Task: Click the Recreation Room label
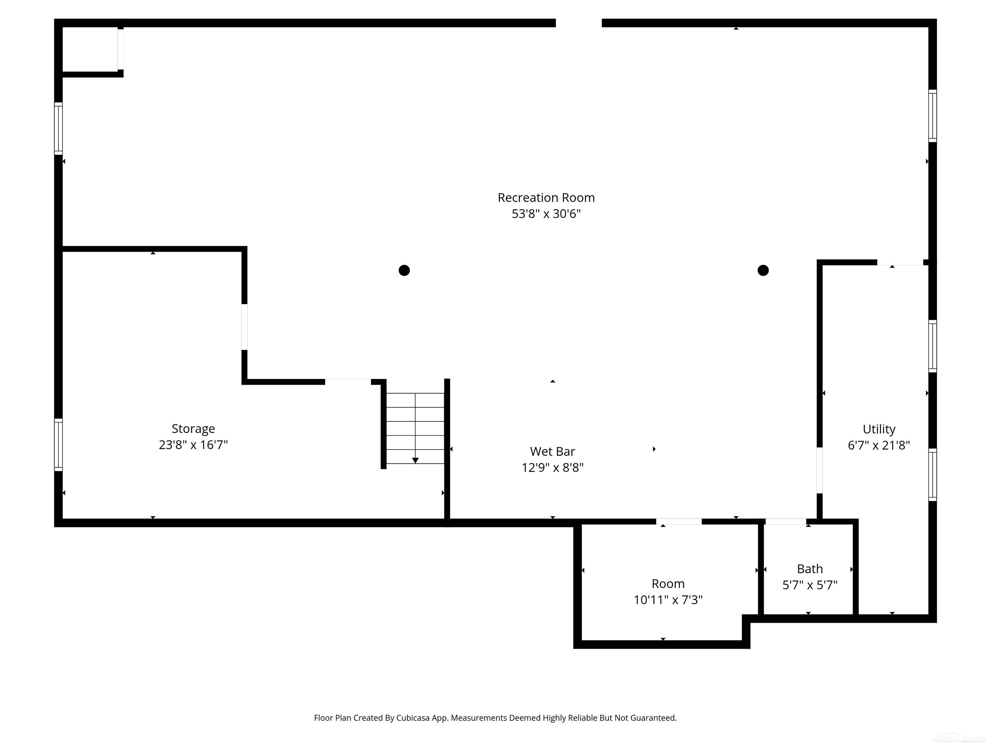(546, 197)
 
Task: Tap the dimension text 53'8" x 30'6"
(546, 213)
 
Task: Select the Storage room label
(193, 429)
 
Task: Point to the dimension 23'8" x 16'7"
(193, 445)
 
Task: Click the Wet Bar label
(552, 451)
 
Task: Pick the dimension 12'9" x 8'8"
(552, 468)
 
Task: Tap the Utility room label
(878, 429)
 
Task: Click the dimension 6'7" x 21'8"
(878, 445)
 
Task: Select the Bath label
(810, 569)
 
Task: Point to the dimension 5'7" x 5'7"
(810, 585)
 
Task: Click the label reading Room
(667, 584)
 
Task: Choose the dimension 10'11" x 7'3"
(667, 600)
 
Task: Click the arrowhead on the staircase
(415, 461)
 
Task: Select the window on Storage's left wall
(58, 445)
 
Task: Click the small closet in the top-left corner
(90, 49)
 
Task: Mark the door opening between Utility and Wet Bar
(819, 470)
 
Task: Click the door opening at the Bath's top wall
(786, 521)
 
